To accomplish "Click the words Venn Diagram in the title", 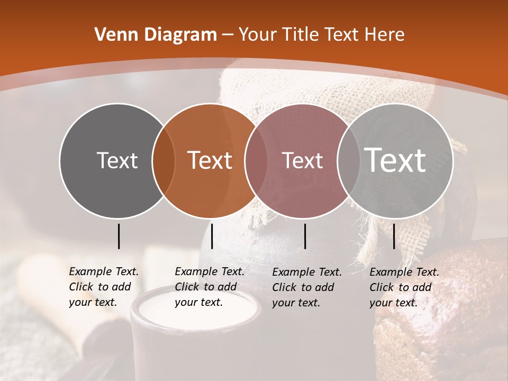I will coord(156,35).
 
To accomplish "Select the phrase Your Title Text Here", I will coord(321,35).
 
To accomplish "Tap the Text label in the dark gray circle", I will coord(117,160).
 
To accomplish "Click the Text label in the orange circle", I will coord(210,160).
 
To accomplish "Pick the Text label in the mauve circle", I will coord(302,160).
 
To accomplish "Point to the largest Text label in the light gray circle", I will coord(395,160).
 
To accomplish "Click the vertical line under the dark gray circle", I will coord(119,236).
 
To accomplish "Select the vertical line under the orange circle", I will coord(212,236).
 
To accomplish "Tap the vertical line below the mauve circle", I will coord(305,236).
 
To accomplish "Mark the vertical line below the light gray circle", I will coord(394,236).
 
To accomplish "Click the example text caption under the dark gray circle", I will coord(104,287).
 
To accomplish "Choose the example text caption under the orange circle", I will coord(210,287).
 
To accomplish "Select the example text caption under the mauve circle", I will coord(307,287).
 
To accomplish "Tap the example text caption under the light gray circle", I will coord(404,287).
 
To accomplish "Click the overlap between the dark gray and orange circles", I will coord(164,160).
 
